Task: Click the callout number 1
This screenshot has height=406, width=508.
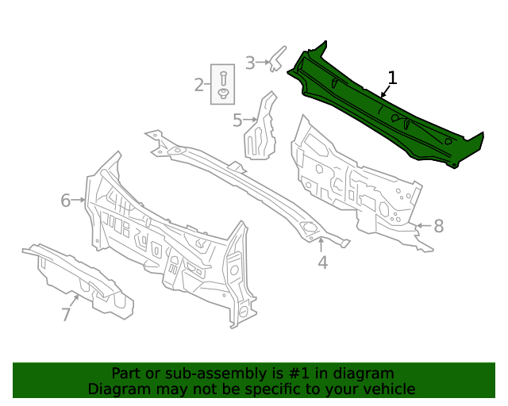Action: [391, 78]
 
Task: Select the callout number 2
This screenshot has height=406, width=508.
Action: [199, 85]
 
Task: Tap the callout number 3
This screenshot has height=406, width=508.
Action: [250, 63]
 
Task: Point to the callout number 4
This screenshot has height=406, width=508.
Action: [322, 262]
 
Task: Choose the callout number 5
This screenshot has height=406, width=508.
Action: [237, 121]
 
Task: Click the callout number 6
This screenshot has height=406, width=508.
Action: [66, 201]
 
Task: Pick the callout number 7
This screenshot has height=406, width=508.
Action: [67, 315]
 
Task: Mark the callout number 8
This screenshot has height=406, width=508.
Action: [438, 226]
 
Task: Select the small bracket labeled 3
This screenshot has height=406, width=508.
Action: [277, 57]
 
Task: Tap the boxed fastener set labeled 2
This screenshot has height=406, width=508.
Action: [223, 84]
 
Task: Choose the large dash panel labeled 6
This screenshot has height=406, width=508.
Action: [167, 238]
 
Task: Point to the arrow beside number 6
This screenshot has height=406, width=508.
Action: [79, 201]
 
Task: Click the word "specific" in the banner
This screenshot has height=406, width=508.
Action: [271, 389]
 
